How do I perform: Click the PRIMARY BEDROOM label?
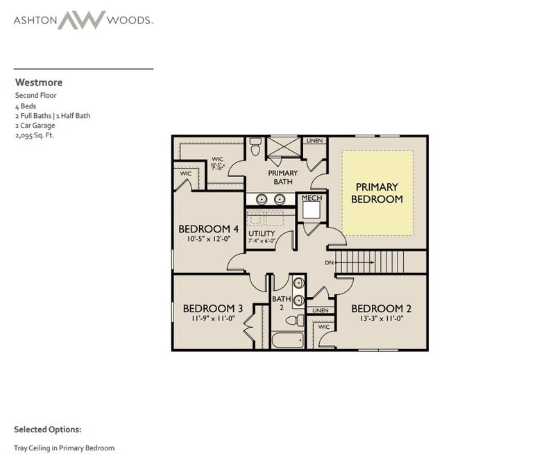point(377,193)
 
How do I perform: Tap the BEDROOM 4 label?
point(209,229)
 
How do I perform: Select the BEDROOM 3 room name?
point(212,309)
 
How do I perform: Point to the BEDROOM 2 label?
point(377,309)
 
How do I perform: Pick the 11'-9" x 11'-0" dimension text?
point(212,320)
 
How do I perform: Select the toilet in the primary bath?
point(255,148)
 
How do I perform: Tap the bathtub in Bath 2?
point(287,340)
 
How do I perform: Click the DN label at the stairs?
point(330,262)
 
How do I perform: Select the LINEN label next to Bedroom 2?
point(320,310)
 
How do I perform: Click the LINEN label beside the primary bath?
point(314,141)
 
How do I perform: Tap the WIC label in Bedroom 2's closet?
point(323,326)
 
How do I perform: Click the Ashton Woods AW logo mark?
point(81,19)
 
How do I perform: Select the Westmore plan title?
point(38,83)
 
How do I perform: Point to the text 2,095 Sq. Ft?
point(35,135)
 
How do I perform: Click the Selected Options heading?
point(47,430)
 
